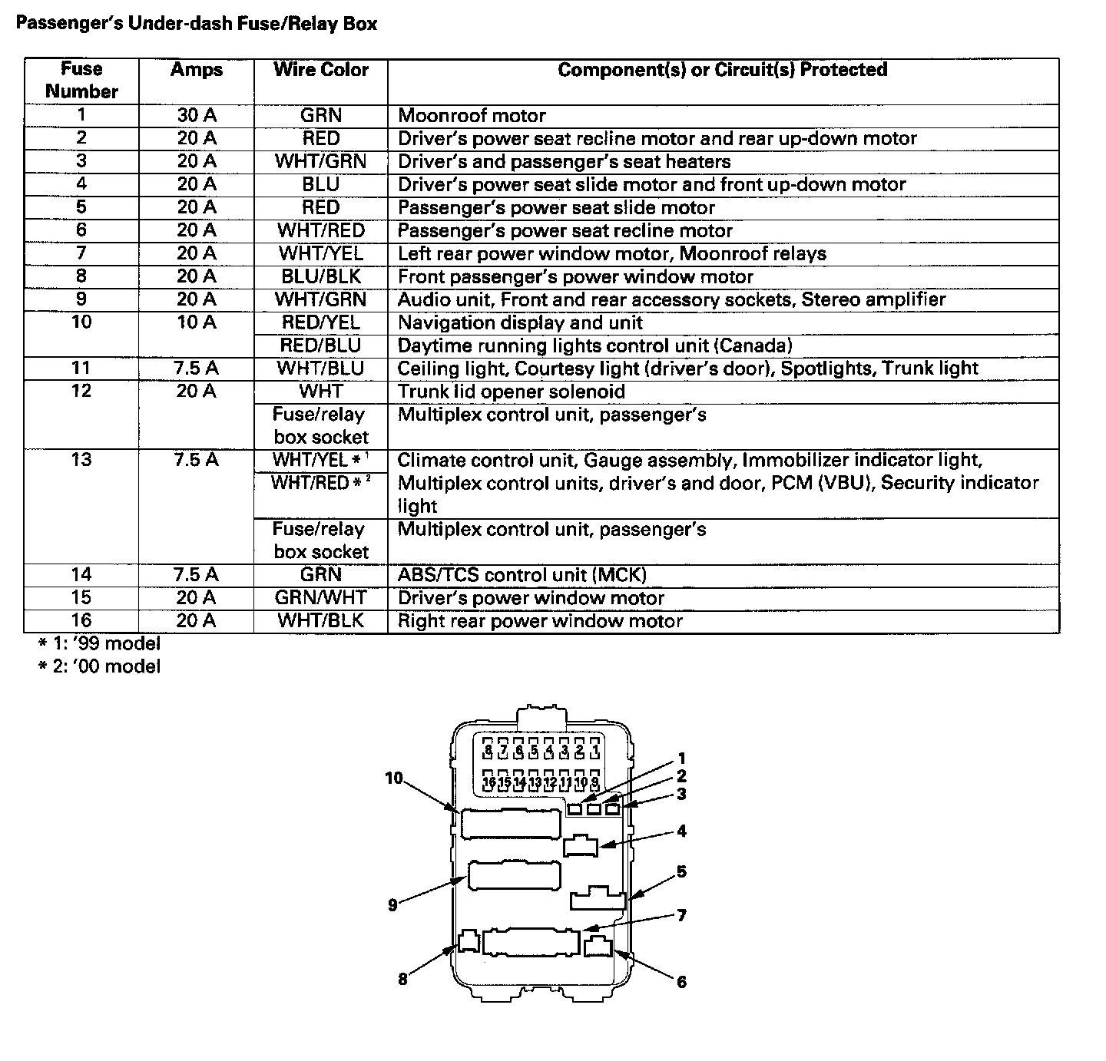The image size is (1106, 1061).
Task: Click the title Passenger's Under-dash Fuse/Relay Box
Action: (x=197, y=24)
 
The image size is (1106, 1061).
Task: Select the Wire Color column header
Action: (x=321, y=70)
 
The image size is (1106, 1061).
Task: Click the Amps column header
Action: (x=197, y=70)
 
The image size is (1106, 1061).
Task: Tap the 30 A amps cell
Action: (x=197, y=116)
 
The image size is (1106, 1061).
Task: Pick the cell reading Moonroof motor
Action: (x=472, y=116)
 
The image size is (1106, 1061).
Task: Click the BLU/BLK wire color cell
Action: (x=321, y=276)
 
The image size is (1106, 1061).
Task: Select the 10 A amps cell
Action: (x=197, y=322)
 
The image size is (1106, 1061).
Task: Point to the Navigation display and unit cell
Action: (x=520, y=322)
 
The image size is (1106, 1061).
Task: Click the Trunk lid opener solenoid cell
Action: (x=512, y=392)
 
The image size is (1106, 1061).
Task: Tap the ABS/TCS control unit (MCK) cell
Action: (x=522, y=575)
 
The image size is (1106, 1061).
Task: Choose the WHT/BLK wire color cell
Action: (x=321, y=621)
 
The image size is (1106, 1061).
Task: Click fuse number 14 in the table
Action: (x=81, y=575)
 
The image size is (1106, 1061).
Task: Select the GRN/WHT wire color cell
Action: (x=321, y=598)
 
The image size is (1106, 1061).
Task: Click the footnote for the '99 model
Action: (x=99, y=643)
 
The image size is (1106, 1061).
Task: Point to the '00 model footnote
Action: (x=99, y=666)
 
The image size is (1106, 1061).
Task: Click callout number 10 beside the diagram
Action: (x=394, y=778)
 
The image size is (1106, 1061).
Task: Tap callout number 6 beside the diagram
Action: (x=681, y=982)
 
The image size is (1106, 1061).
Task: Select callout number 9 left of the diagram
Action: (x=392, y=906)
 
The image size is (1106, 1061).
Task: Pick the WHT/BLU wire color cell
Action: (x=321, y=369)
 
